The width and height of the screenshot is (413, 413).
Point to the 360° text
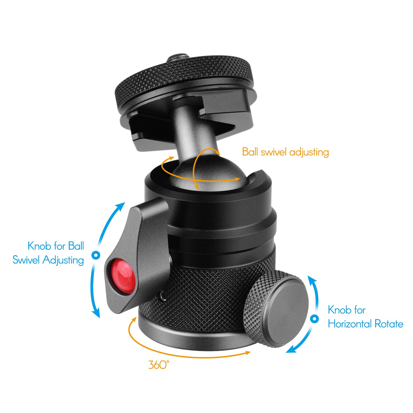pos(158,365)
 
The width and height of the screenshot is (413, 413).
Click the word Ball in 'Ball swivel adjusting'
pos(250,152)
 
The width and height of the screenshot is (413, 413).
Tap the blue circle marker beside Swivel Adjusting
pos(96,255)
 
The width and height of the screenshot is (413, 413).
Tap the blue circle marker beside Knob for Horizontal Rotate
pos(314,319)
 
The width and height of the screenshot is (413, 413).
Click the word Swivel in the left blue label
pos(26,260)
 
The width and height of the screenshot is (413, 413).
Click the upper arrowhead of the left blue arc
pos(121,205)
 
